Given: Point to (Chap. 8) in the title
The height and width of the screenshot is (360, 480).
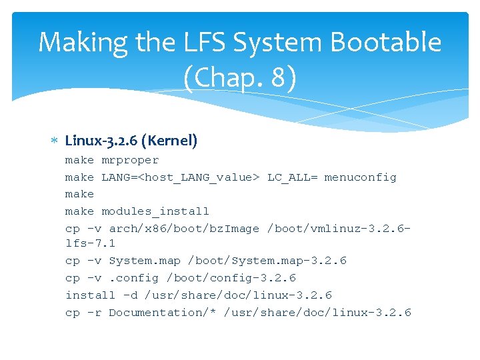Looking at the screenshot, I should [240, 78].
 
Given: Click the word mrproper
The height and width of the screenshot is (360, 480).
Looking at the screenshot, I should [130, 160].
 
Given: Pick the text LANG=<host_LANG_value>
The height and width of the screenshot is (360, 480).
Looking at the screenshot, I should [181, 177].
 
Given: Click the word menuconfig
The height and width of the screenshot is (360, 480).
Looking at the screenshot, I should [360, 177].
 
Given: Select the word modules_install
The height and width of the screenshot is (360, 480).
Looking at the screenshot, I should [155, 211].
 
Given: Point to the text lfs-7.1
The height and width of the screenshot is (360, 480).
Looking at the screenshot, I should [90, 243].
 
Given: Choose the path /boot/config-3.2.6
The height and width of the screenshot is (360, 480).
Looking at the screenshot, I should [231, 278].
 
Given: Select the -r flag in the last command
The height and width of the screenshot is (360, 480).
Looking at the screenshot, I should [94, 312].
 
